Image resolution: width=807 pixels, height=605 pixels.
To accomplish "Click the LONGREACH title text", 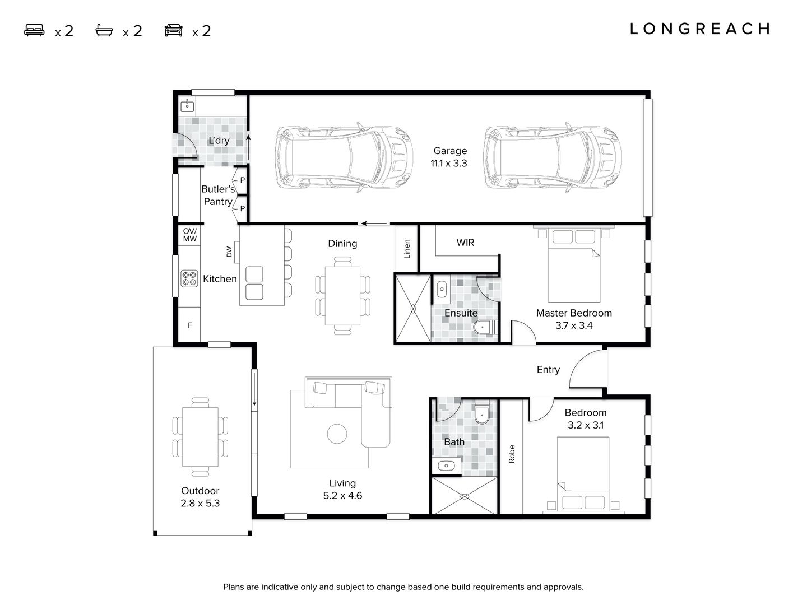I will [700, 29].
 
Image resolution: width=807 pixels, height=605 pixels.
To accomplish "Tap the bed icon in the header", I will [34, 30].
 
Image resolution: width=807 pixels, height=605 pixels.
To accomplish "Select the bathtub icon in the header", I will [104, 30].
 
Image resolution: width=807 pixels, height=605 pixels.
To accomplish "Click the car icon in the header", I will [174, 30].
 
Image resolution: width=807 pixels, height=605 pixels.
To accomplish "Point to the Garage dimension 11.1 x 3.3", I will [449, 164].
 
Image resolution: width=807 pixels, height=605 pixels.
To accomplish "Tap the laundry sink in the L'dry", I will [187, 105].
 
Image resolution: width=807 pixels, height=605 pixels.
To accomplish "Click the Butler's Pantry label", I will [218, 196].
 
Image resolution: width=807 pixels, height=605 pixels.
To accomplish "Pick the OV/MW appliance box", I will [189, 235].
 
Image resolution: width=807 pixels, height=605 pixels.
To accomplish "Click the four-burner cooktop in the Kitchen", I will [189, 278].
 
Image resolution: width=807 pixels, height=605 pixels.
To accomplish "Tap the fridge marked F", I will [189, 325].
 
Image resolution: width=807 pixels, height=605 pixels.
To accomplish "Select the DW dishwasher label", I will [229, 252].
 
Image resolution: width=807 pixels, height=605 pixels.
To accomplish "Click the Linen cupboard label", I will [407, 249].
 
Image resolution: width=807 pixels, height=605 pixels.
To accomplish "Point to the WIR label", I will [465, 243].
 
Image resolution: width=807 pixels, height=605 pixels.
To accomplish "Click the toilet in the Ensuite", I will [484, 327].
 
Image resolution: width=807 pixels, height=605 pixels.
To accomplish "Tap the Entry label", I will [548, 370].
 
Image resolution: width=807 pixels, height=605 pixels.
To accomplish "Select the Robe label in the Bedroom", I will [511, 454].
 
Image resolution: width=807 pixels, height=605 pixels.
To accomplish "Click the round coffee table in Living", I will [337, 434].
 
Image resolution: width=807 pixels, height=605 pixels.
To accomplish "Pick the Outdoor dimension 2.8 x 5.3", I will [200, 503].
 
